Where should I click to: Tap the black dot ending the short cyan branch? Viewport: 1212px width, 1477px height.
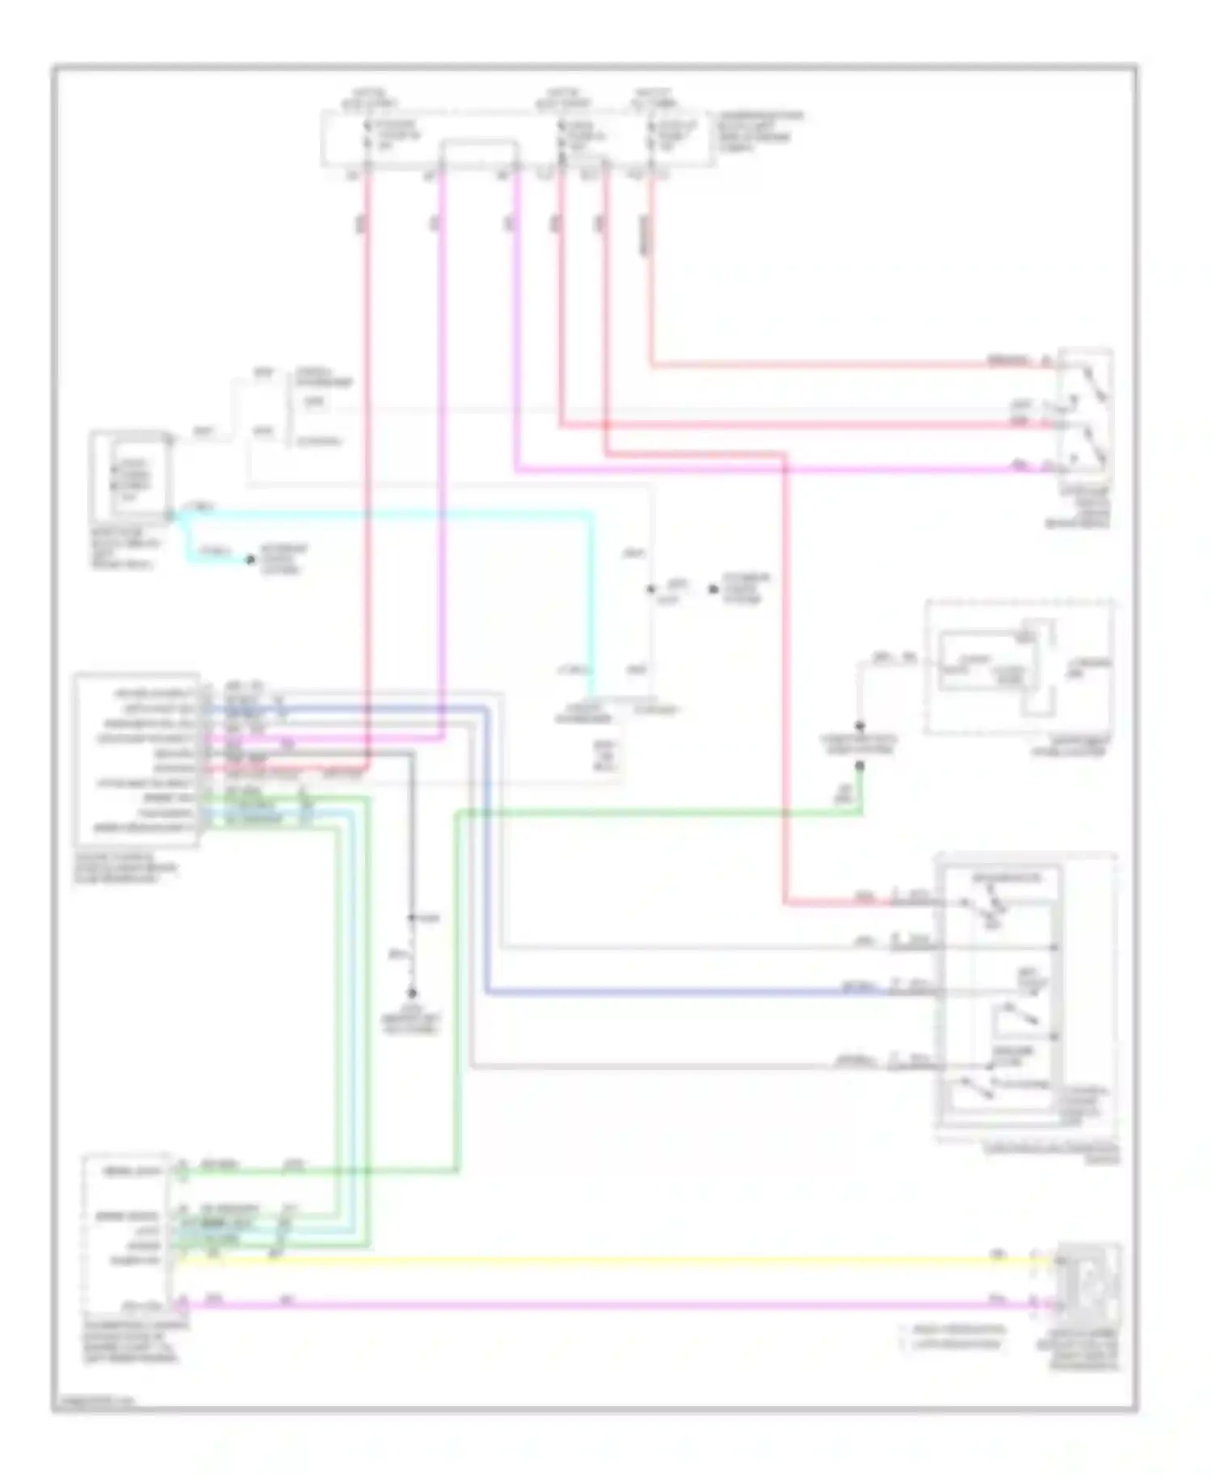[250, 559]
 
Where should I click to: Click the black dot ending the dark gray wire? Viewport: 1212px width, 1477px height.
[411, 993]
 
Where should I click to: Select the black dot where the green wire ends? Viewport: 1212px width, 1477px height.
[860, 764]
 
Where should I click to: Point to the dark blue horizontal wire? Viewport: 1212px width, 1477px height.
[687, 991]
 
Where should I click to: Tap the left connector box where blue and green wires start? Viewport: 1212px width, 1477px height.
[136, 760]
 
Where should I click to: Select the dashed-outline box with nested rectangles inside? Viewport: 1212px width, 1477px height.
[1020, 667]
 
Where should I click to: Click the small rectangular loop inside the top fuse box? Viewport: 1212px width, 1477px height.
[478, 155]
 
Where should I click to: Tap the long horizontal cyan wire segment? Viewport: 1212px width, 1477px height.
[388, 511]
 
